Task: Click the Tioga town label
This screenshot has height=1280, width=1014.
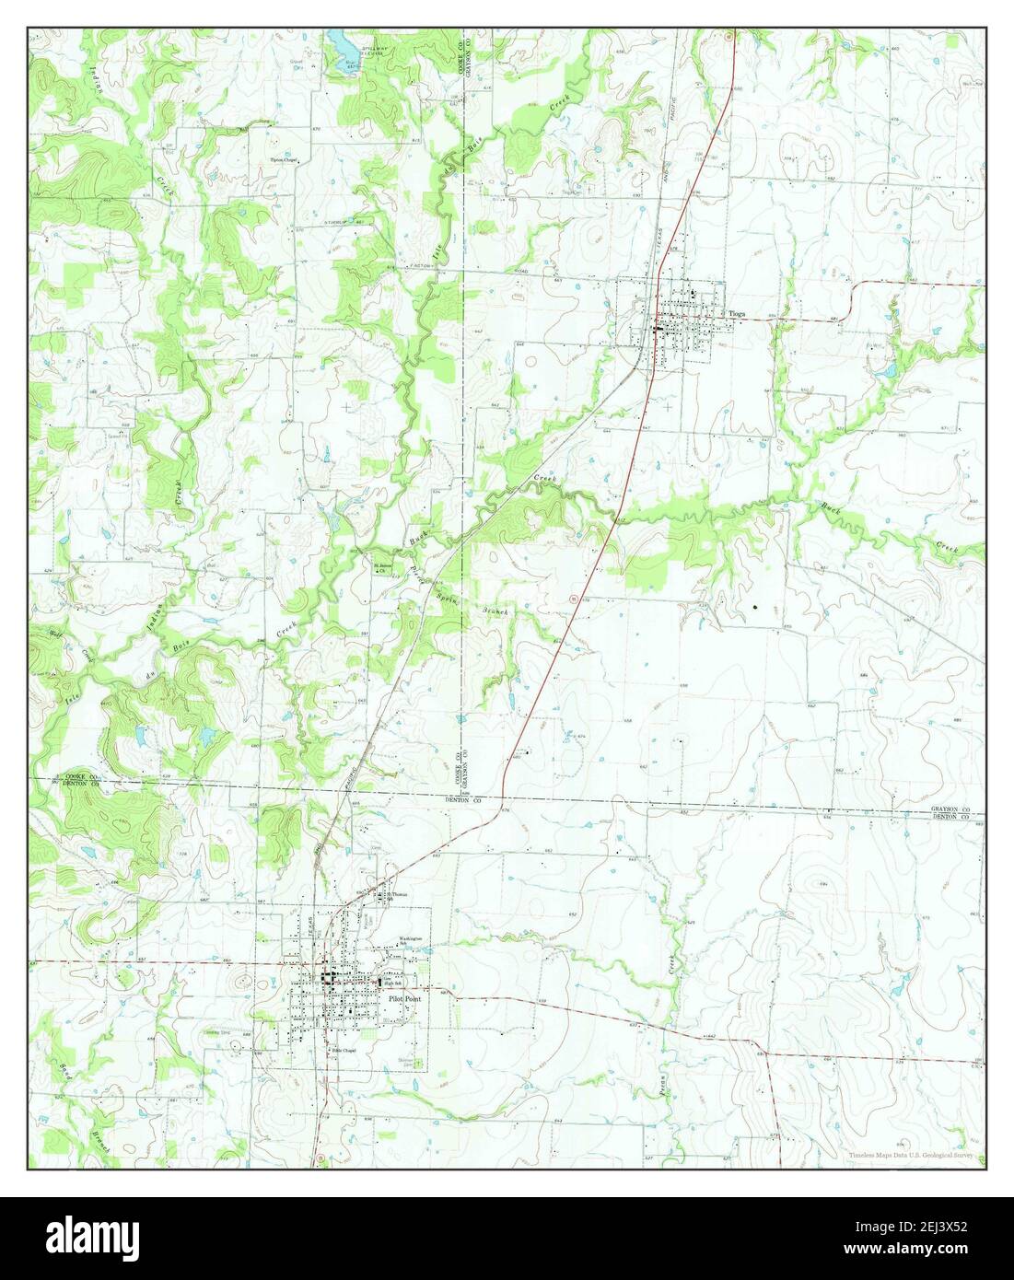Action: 737,314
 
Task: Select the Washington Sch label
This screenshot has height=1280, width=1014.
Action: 411,942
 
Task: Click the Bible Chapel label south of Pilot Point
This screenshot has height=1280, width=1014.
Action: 344,1049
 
